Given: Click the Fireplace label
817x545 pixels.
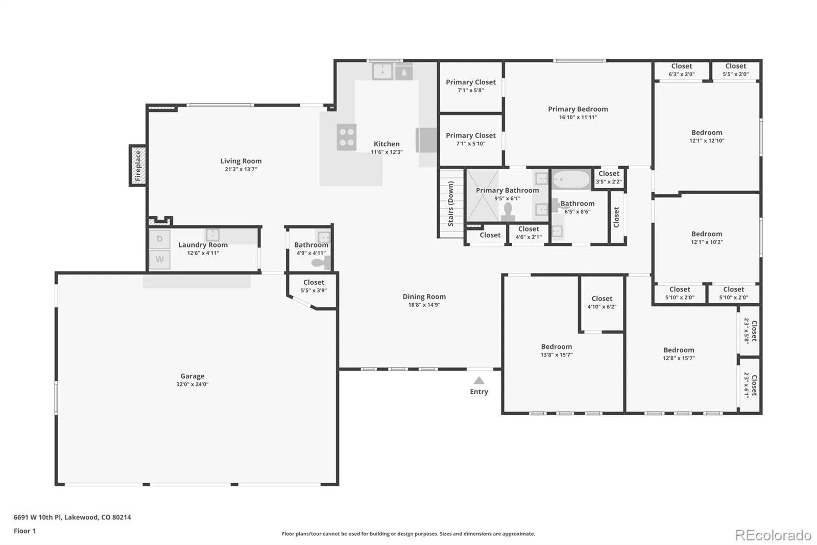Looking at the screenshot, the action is tap(138, 166).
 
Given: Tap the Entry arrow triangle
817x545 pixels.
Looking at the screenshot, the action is tap(479, 380).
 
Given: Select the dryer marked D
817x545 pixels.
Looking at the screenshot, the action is tap(159, 239).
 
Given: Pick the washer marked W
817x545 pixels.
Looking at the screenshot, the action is tap(159, 259).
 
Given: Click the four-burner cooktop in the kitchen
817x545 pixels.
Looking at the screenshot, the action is tap(347, 138).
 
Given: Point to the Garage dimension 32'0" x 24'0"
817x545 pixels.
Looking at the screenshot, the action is tap(192, 384).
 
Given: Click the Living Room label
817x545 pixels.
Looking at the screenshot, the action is tap(241, 161).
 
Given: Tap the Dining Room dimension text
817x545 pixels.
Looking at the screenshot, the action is tap(424, 305).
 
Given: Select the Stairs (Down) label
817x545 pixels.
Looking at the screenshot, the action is tap(451, 203).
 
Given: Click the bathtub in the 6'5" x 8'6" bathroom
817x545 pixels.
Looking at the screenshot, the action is tap(571, 180).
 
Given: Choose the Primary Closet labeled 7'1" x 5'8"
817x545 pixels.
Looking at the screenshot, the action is tap(470, 86).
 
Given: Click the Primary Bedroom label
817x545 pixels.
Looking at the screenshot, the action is tap(578, 109).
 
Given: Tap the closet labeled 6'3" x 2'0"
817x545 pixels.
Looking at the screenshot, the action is tap(681, 70).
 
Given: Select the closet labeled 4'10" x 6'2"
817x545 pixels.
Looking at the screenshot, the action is tap(602, 303).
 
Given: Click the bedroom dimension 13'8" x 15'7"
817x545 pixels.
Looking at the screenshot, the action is tap(557, 355).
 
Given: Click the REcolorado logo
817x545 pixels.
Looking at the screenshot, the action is tap(773, 535).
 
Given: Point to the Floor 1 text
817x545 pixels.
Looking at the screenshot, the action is tap(25, 531).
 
